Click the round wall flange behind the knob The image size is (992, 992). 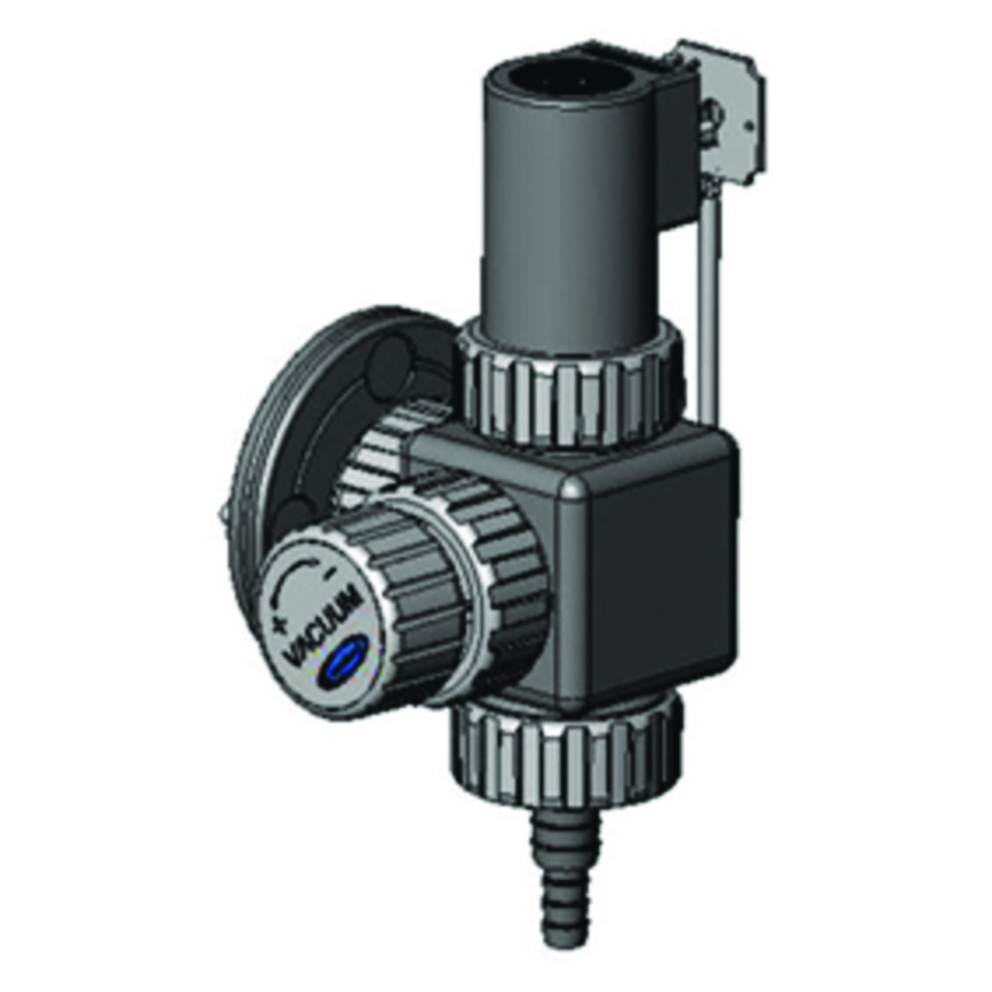point(298,417)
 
